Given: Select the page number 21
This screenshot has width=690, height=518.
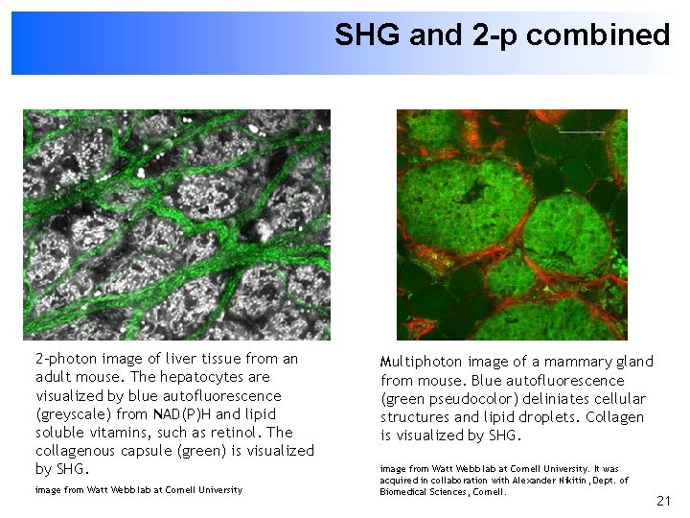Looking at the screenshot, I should point(663,501).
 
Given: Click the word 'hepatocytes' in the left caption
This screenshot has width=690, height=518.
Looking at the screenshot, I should point(207,377).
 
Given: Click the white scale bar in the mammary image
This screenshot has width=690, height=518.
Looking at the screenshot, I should point(582,131).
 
